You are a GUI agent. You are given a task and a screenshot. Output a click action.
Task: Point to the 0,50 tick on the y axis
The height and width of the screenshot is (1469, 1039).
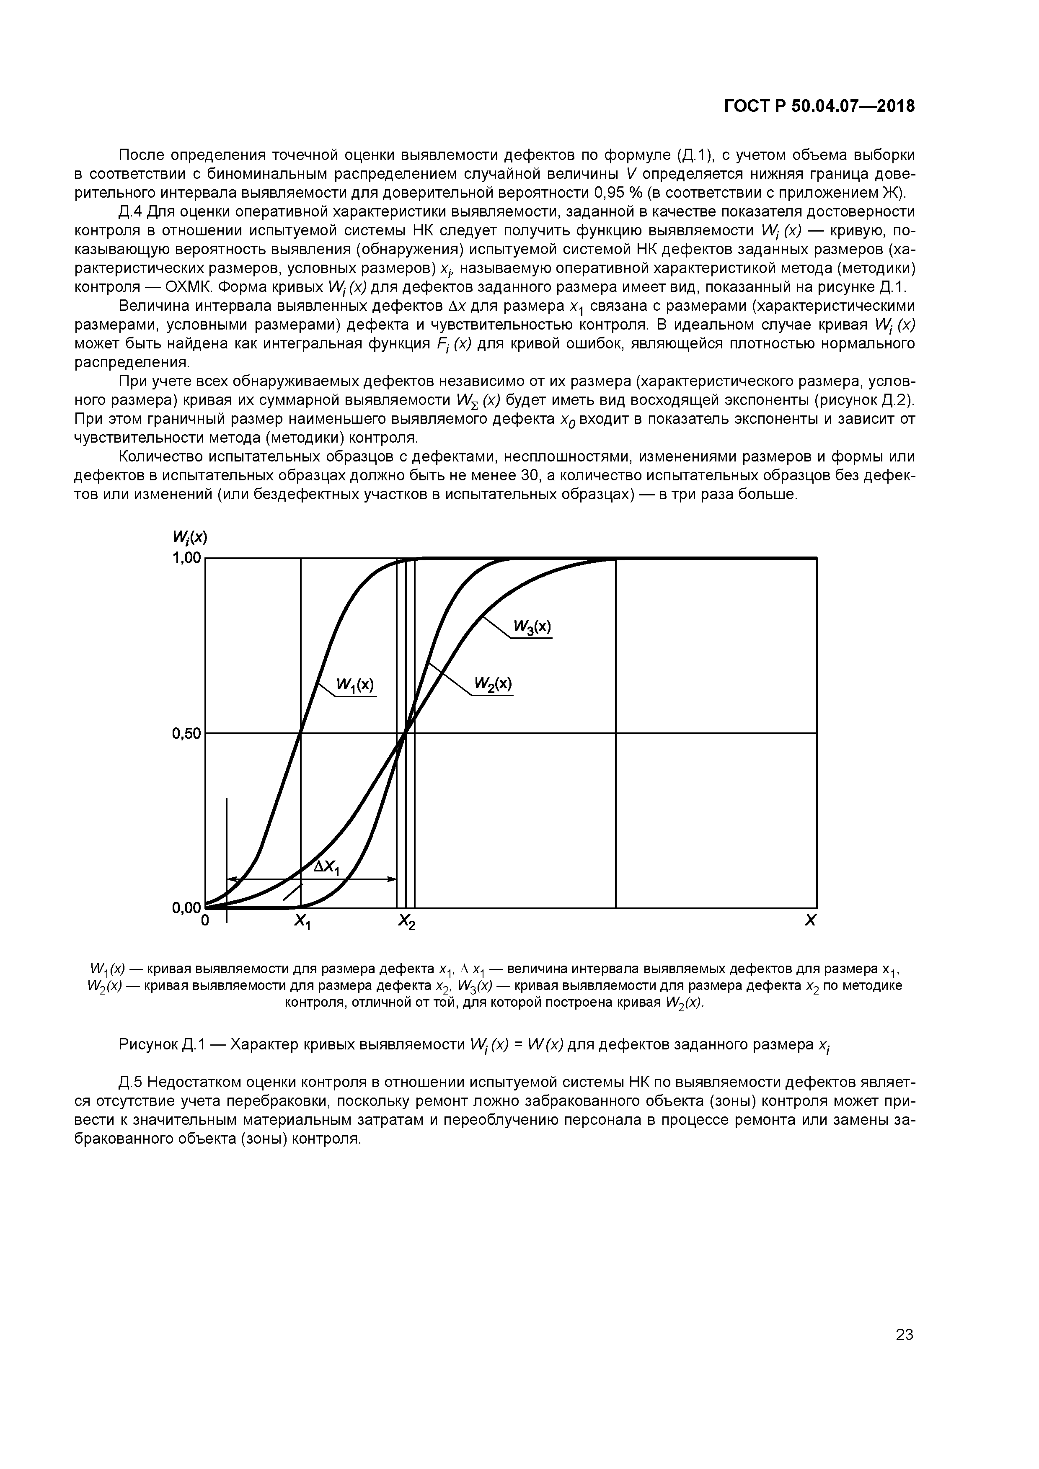[186, 734]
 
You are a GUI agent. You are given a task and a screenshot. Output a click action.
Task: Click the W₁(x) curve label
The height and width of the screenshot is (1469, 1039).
[355, 685]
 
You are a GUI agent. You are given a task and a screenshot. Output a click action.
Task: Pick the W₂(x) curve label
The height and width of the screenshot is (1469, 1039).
[493, 684]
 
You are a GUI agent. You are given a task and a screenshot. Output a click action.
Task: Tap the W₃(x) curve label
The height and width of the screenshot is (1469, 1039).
[532, 626]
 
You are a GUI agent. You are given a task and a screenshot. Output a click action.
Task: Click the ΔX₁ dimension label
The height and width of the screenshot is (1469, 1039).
[328, 868]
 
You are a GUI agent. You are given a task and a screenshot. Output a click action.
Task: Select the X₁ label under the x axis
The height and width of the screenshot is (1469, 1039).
[302, 922]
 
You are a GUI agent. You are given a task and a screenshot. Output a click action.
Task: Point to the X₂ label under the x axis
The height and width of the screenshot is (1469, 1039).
[406, 922]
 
